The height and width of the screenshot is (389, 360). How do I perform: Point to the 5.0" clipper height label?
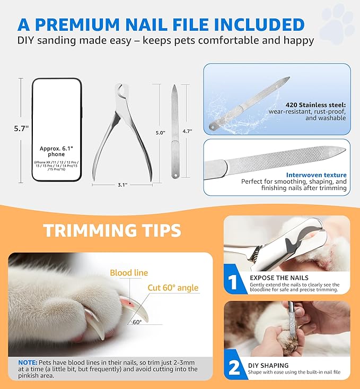coord(160,132)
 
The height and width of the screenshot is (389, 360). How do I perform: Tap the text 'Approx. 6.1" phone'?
coord(57,152)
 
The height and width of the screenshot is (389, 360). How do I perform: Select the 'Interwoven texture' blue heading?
coord(316,175)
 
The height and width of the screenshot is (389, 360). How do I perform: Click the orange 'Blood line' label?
coord(129,273)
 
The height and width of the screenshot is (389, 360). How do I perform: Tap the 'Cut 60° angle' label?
coord(172,288)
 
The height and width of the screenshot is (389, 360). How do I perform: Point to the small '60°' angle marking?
coord(137,322)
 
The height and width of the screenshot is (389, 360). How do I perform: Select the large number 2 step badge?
coord(234,368)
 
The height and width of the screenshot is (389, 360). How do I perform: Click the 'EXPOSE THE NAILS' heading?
coord(278,278)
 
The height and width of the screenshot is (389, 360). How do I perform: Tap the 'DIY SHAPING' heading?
coord(268,366)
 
